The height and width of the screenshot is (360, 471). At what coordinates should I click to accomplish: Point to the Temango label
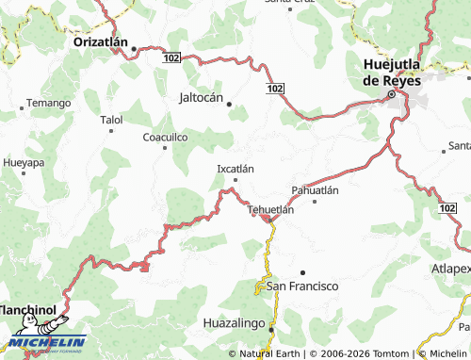[x=49, y=102]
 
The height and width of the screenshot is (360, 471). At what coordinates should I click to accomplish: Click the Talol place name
[x=111, y=120]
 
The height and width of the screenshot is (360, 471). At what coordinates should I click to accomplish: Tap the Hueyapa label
[x=23, y=162]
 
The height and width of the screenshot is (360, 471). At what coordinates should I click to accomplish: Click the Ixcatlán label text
[x=235, y=170]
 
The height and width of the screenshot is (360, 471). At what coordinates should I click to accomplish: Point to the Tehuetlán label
[x=270, y=209]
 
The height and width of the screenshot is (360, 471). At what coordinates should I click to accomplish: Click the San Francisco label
[x=302, y=286]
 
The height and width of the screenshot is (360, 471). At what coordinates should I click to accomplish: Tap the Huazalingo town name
[x=236, y=323]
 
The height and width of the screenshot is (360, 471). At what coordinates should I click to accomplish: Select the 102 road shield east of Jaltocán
[x=273, y=88]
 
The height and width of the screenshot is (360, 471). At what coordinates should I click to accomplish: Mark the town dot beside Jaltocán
[x=229, y=104]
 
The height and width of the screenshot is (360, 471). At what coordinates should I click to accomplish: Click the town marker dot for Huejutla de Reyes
[x=391, y=94]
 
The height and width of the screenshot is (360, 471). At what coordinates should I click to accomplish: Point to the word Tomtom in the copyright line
[x=393, y=353]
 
